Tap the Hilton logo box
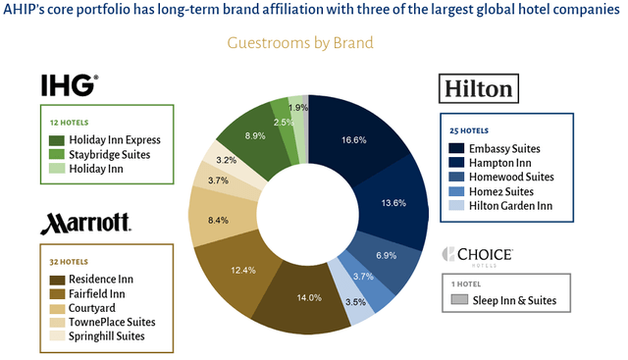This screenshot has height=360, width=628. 477,89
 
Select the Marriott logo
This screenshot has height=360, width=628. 85,222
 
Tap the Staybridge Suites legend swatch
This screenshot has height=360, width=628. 57,154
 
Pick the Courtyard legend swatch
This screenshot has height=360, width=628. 57,307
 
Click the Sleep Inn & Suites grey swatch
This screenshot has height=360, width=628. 458,299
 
